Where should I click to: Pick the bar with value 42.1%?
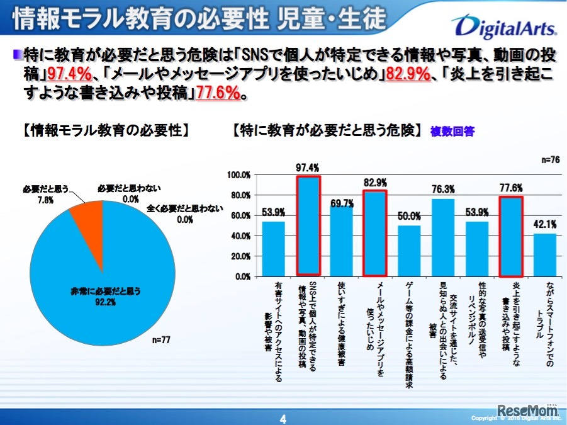(x=545, y=254)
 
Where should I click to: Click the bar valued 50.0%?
(x=409, y=251)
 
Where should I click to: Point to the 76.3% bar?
(x=443, y=237)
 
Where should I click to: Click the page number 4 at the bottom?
(x=283, y=418)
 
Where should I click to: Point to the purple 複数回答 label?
(x=452, y=132)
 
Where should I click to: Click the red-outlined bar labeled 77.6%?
(x=511, y=237)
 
